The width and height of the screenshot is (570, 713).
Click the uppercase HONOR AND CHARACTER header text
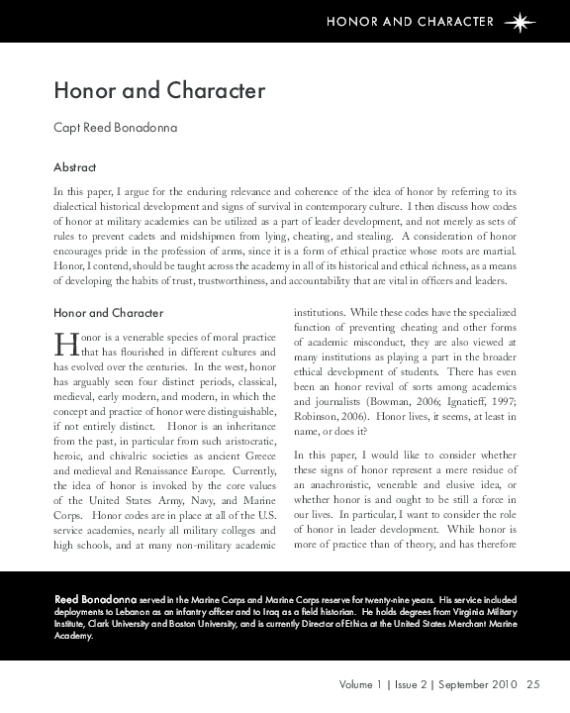point(410,21)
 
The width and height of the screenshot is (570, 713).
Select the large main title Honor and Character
point(159,91)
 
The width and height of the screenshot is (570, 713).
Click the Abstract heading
point(74,167)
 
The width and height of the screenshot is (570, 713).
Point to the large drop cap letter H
point(64,344)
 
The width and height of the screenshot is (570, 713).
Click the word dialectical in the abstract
point(81,205)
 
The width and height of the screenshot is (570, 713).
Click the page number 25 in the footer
point(533,683)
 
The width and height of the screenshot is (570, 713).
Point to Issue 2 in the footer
point(414,683)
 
